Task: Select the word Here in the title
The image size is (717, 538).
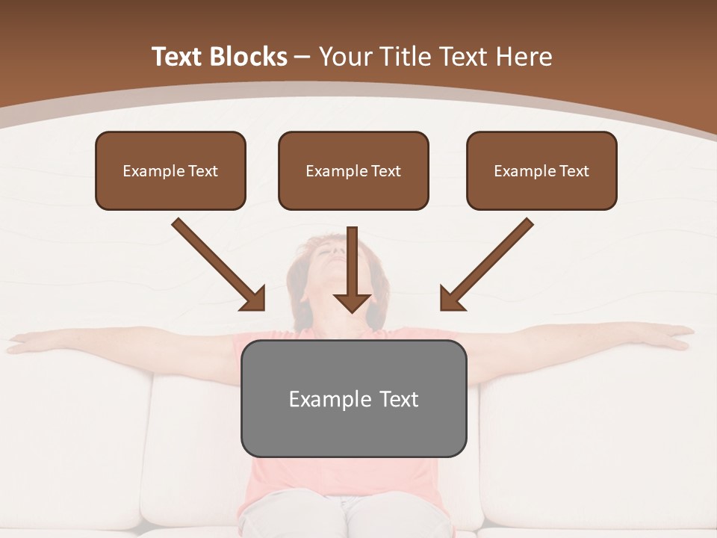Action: (525, 57)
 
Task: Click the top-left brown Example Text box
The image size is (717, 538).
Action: (170, 171)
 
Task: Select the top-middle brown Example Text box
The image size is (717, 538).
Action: (353, 171)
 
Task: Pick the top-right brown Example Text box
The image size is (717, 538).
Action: (541, 171)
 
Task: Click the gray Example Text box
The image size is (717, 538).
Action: (353, 398)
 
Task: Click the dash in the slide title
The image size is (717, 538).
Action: (302, 57)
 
